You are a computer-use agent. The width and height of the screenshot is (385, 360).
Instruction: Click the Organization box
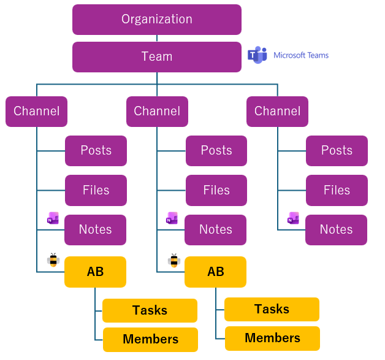pyautogui.click(x=157, y=20)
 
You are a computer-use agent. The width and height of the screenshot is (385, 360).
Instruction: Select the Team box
pyautogui.click(x=157, y=57)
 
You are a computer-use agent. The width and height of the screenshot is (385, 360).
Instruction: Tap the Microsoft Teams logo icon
pyautogui.click(x=257, y=55)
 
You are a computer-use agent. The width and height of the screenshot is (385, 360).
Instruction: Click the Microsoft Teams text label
pyautogui.click(x=301, y=55)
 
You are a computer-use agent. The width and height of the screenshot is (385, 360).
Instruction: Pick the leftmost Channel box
pyautogui.click(x=37, y=112)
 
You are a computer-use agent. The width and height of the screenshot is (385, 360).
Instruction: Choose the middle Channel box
pyautogui.click(x=157, y=112)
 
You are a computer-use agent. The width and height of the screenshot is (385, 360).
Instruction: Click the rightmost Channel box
pyautogui.click(x=277, y=112)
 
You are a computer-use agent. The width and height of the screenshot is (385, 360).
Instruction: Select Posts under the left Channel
pyautogui.click(x=96, y=151)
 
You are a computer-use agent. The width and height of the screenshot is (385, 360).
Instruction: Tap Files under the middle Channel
pyautogui.click(x=216, y=191)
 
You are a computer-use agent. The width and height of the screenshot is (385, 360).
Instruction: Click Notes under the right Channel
pyautogui.click(x=337, y=230)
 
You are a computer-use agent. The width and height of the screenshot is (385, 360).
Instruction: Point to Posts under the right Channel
pyautogui.click(x=337, y=151)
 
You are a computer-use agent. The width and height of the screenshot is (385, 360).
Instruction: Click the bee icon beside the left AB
pyautogui.click(x=53, y=260)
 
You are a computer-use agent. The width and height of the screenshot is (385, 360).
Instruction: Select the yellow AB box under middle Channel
pyautogui.click(x=216, y=272)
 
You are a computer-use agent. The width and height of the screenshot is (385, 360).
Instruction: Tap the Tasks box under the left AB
pyautogui.click(x=150, y=310)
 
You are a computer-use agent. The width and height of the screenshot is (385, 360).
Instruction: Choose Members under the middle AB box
pyautogui.click(x=272, y=338)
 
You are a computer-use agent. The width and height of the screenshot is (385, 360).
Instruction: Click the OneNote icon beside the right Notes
pyautogui.click(x=294, y=218)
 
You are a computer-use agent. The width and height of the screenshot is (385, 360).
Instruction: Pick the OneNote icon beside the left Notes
pyautogui.click(x=53, y=218)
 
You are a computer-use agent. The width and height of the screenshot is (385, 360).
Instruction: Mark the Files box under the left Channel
pyautogui.click(x=96, y=191)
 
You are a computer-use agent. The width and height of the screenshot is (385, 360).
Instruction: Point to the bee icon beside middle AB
pyautogui.click(x=173, y=261)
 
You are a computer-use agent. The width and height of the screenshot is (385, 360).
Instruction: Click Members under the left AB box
pyautogui.click(x=150, y=339)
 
